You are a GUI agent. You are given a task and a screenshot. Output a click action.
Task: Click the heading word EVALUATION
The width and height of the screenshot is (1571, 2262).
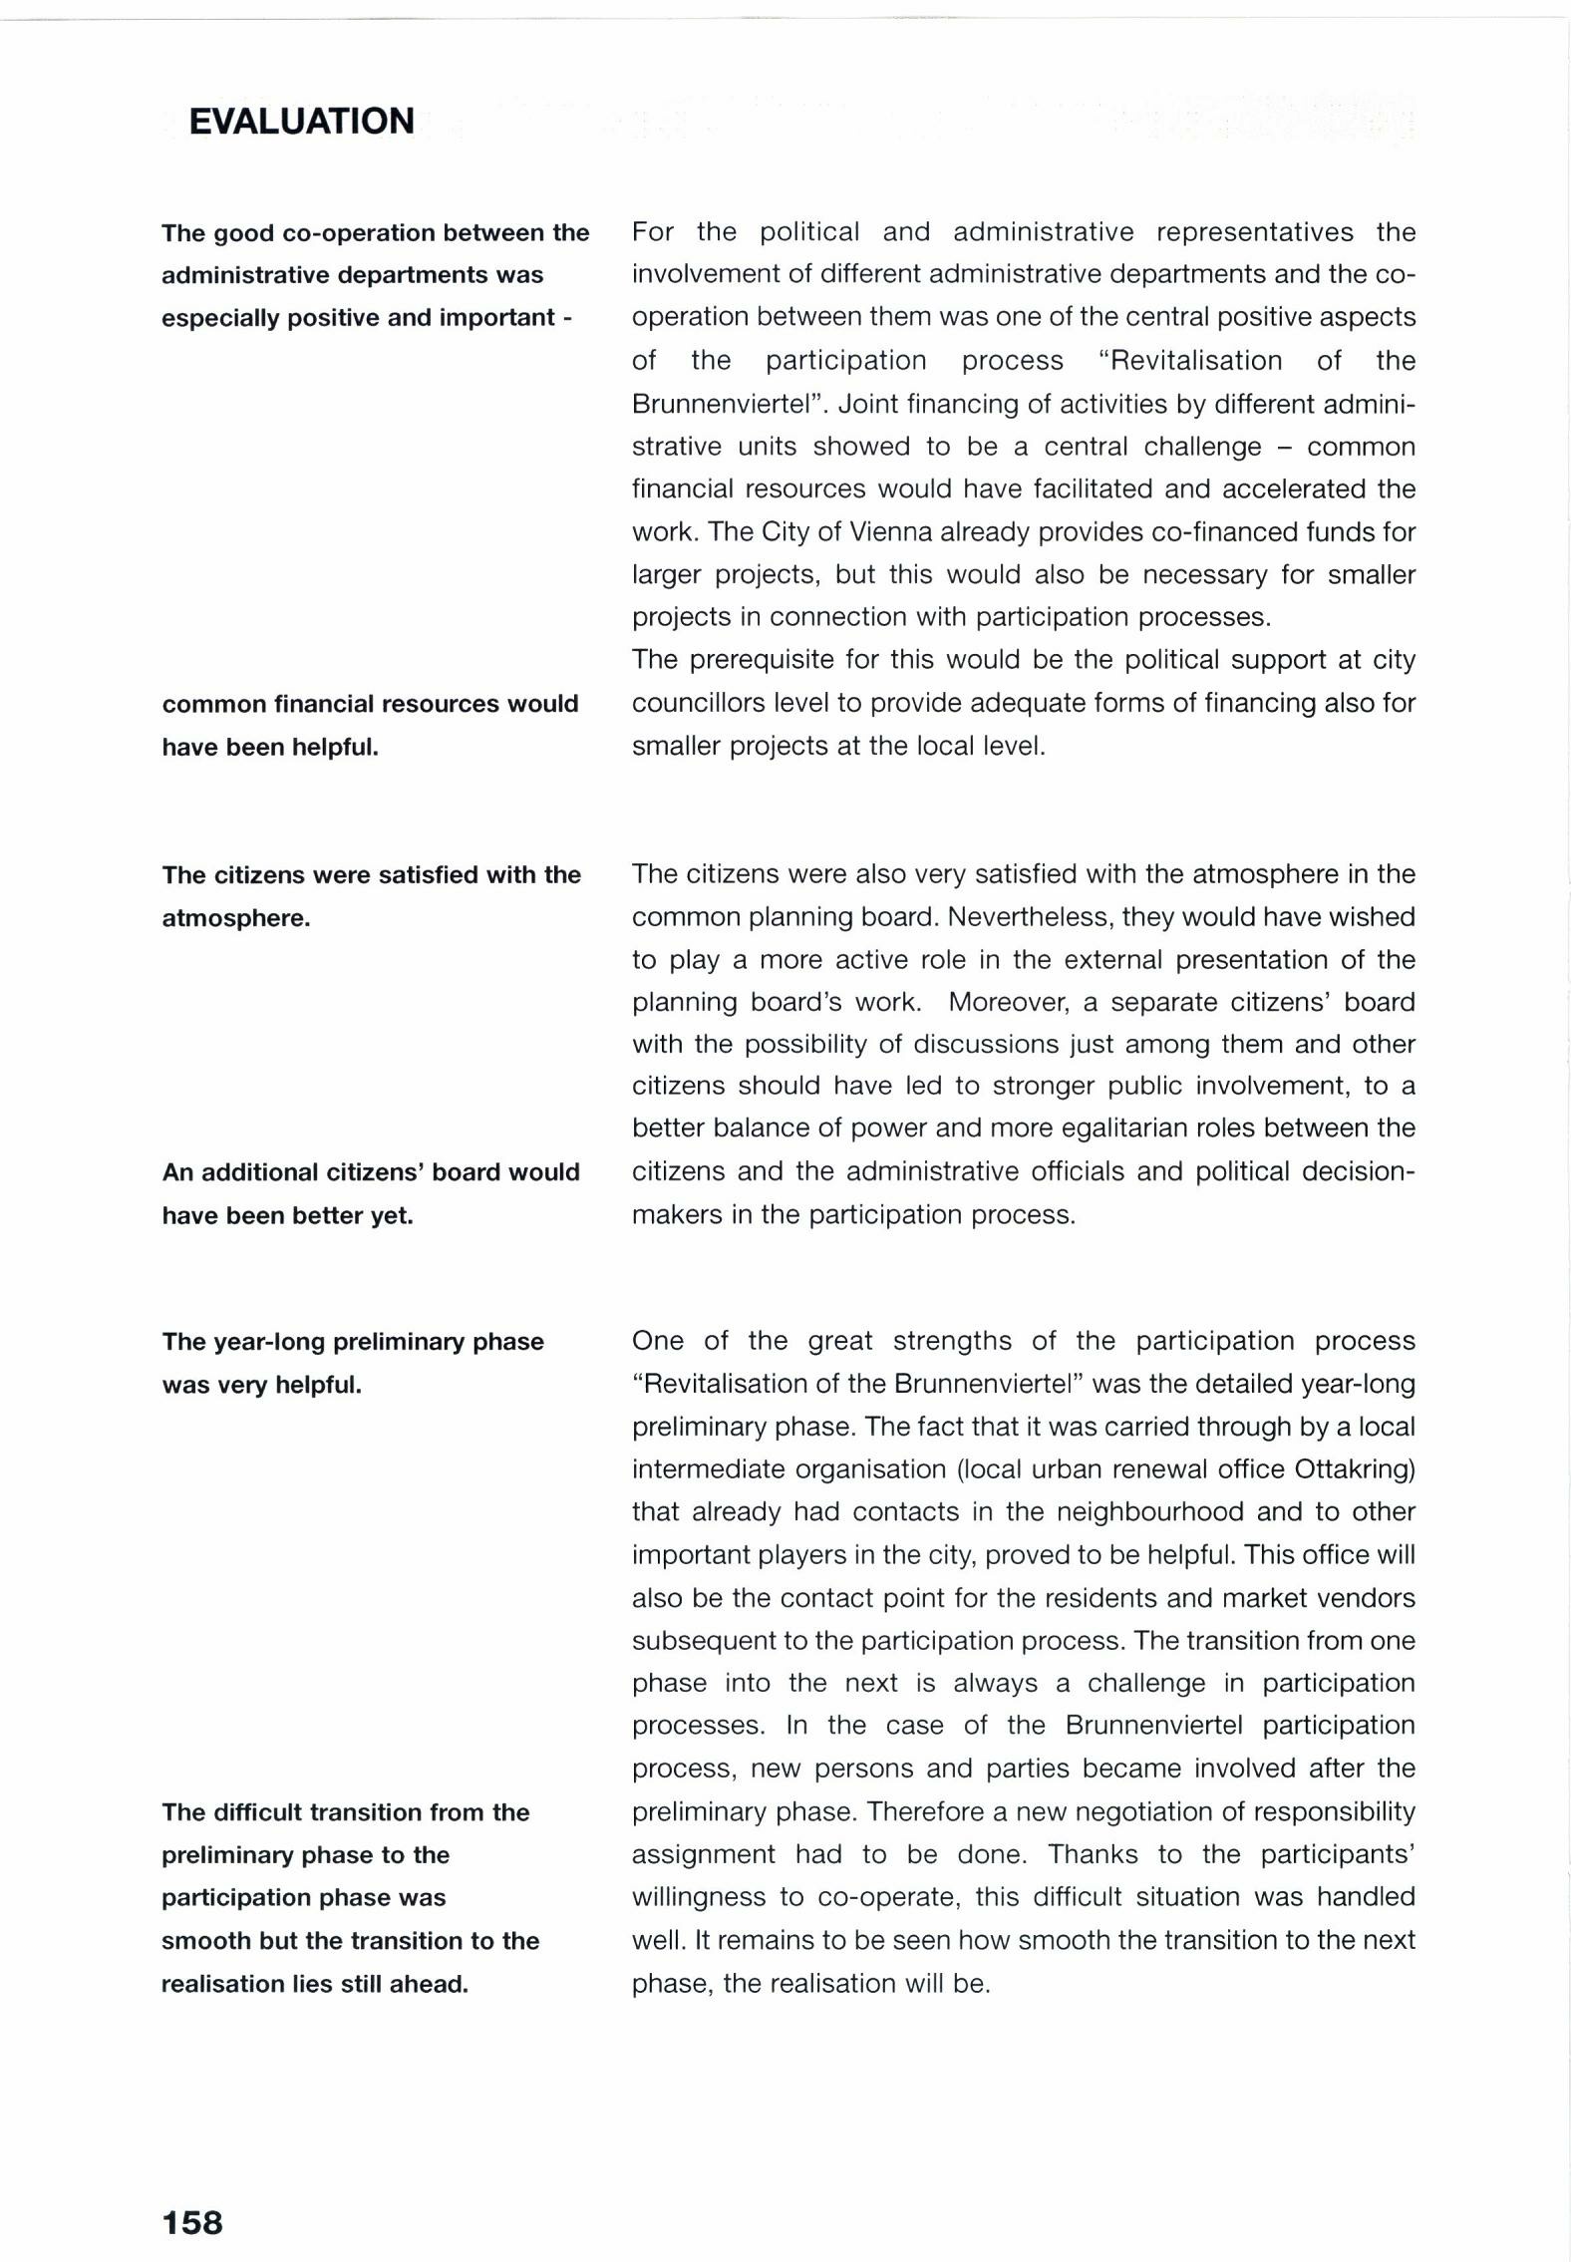tap(301, 122)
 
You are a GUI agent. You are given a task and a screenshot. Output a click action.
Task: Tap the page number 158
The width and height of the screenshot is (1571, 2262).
tap(192, 2222)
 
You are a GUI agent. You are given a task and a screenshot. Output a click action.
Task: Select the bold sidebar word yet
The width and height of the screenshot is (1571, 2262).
tap(392, 1216)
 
